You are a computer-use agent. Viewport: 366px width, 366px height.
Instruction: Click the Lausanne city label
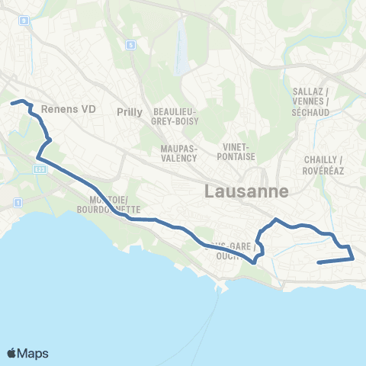246,192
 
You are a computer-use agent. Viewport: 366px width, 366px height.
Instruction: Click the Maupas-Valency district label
179,153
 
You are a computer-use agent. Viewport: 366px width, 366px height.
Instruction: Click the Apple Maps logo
27,353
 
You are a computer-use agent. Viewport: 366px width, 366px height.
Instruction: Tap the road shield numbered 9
24,21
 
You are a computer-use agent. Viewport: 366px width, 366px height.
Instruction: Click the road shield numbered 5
131,45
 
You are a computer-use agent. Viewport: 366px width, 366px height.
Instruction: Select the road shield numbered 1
18,203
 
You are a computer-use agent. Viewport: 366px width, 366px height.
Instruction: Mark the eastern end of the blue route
317,262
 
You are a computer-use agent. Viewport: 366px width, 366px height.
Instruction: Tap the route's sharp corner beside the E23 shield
37,159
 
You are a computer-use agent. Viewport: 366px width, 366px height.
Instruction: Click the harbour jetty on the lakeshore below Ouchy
223,287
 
